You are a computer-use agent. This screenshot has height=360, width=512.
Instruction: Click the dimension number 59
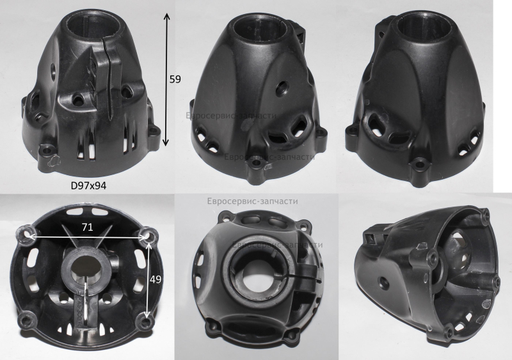tap(175, 79)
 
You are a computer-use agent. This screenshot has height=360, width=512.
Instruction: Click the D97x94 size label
tap(88, 185)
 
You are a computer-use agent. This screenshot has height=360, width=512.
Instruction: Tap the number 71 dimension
tap(87, 227)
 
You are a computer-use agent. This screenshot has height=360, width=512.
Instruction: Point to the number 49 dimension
tap(156, 279)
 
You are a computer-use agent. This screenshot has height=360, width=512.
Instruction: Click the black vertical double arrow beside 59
tap(166, 79)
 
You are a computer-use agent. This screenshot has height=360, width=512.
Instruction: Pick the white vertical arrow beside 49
tap(148, 279)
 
